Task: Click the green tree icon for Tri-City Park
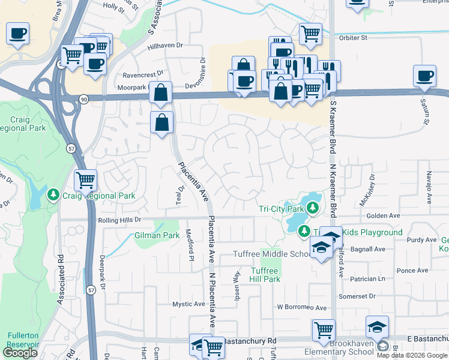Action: click(x=312, y=208)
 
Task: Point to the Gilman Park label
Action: click(x=157, y=236)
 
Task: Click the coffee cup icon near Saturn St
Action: click(x=424, y=76)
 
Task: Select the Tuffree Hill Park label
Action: click(x=265, y=275)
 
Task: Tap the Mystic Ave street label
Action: click(x=189, y=304)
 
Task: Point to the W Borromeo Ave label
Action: click(x=301, y=307)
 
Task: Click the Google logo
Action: click(x=20, y=353)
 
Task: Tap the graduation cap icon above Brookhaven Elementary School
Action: click(x=377, y=326)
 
